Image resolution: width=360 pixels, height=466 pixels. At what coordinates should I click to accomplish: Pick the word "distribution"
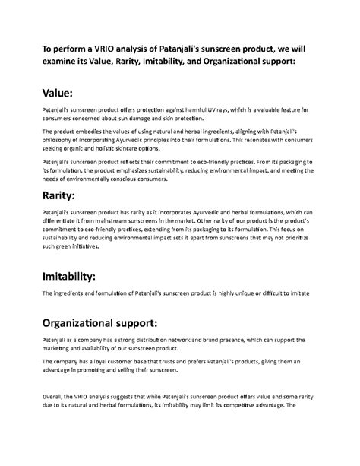[x=159, y=340]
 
